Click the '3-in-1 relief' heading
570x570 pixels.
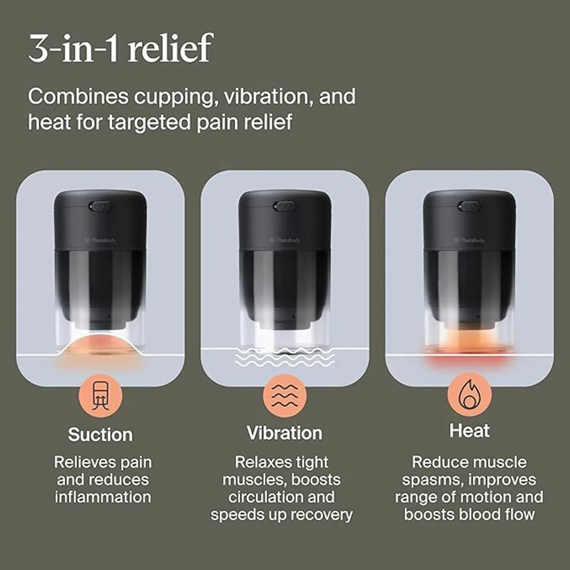[x=120, y=48]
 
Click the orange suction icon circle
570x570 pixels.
[x=100, y=396]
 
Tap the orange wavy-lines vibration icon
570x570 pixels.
[x=285, y=396]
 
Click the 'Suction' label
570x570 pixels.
[x=100, y=434]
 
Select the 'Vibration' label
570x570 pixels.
[x=284, y=433]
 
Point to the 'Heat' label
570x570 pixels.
[x=469, y=431]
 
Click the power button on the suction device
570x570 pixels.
[x=100, y=206]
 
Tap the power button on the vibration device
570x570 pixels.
[x=285, y=206]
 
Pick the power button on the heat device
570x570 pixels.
[x=469, y=206]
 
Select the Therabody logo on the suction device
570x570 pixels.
[x=100, y=240]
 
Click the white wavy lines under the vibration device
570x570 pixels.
[x=285, y=357]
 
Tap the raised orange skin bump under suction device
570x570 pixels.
[x=100, y=344]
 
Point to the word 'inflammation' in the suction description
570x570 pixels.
[x=103, y=497]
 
